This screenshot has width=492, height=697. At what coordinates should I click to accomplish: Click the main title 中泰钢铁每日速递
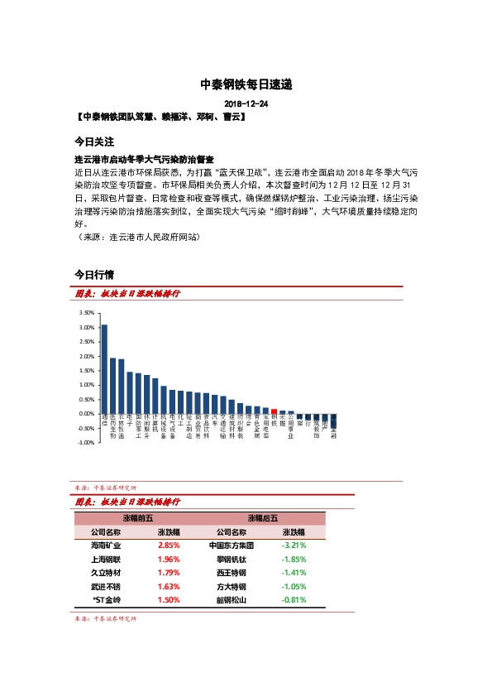(246, 84)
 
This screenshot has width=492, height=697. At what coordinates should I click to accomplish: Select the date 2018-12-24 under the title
(246, 104)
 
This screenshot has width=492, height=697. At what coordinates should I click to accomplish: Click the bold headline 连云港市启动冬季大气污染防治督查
(145, 159)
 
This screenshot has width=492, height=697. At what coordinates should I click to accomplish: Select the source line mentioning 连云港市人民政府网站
(137, 237)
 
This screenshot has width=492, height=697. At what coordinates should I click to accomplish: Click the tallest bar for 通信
(104, 368)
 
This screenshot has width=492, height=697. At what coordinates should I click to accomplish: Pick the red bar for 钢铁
(274, 411)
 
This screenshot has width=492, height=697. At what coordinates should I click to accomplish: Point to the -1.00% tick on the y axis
(84, 443)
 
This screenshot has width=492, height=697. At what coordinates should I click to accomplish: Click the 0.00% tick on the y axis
(84, 414)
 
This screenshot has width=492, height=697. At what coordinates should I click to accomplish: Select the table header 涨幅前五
(133, 517)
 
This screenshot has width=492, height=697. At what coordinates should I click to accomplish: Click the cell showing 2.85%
(170, 546)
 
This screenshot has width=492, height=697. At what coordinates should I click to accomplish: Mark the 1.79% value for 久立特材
(170, 573)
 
